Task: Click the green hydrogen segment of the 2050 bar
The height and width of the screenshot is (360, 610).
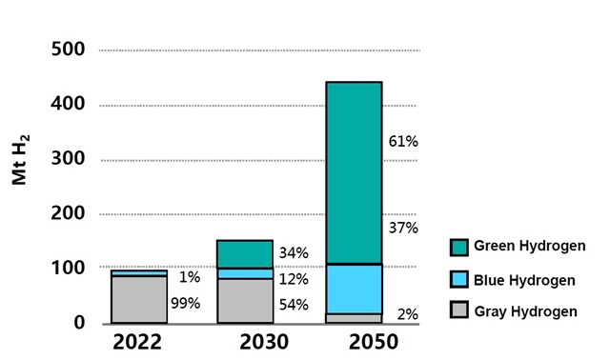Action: (x=354, y=172)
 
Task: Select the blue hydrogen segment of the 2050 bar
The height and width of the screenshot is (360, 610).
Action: (x=354, y=289)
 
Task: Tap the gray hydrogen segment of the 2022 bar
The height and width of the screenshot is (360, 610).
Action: (x=138, y=299)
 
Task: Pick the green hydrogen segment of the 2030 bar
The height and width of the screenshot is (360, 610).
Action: (x=246, y=253)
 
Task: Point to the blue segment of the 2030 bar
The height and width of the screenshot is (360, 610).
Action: (x=246, y=273)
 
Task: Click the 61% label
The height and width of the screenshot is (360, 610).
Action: (x=403, y=142)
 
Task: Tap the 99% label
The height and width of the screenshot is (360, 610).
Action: (x=184, y=304)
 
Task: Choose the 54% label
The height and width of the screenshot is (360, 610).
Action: (x=293, y=304)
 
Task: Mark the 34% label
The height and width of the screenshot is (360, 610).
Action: (x=293, y=253)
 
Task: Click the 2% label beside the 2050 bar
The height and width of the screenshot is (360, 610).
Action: (x=407, y=313)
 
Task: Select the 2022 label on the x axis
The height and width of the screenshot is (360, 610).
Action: (x=138, y=342)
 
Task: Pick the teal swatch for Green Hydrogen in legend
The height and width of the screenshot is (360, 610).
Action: (x=462, y=248)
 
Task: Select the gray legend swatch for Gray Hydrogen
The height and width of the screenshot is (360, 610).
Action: (x=462, y=310)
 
